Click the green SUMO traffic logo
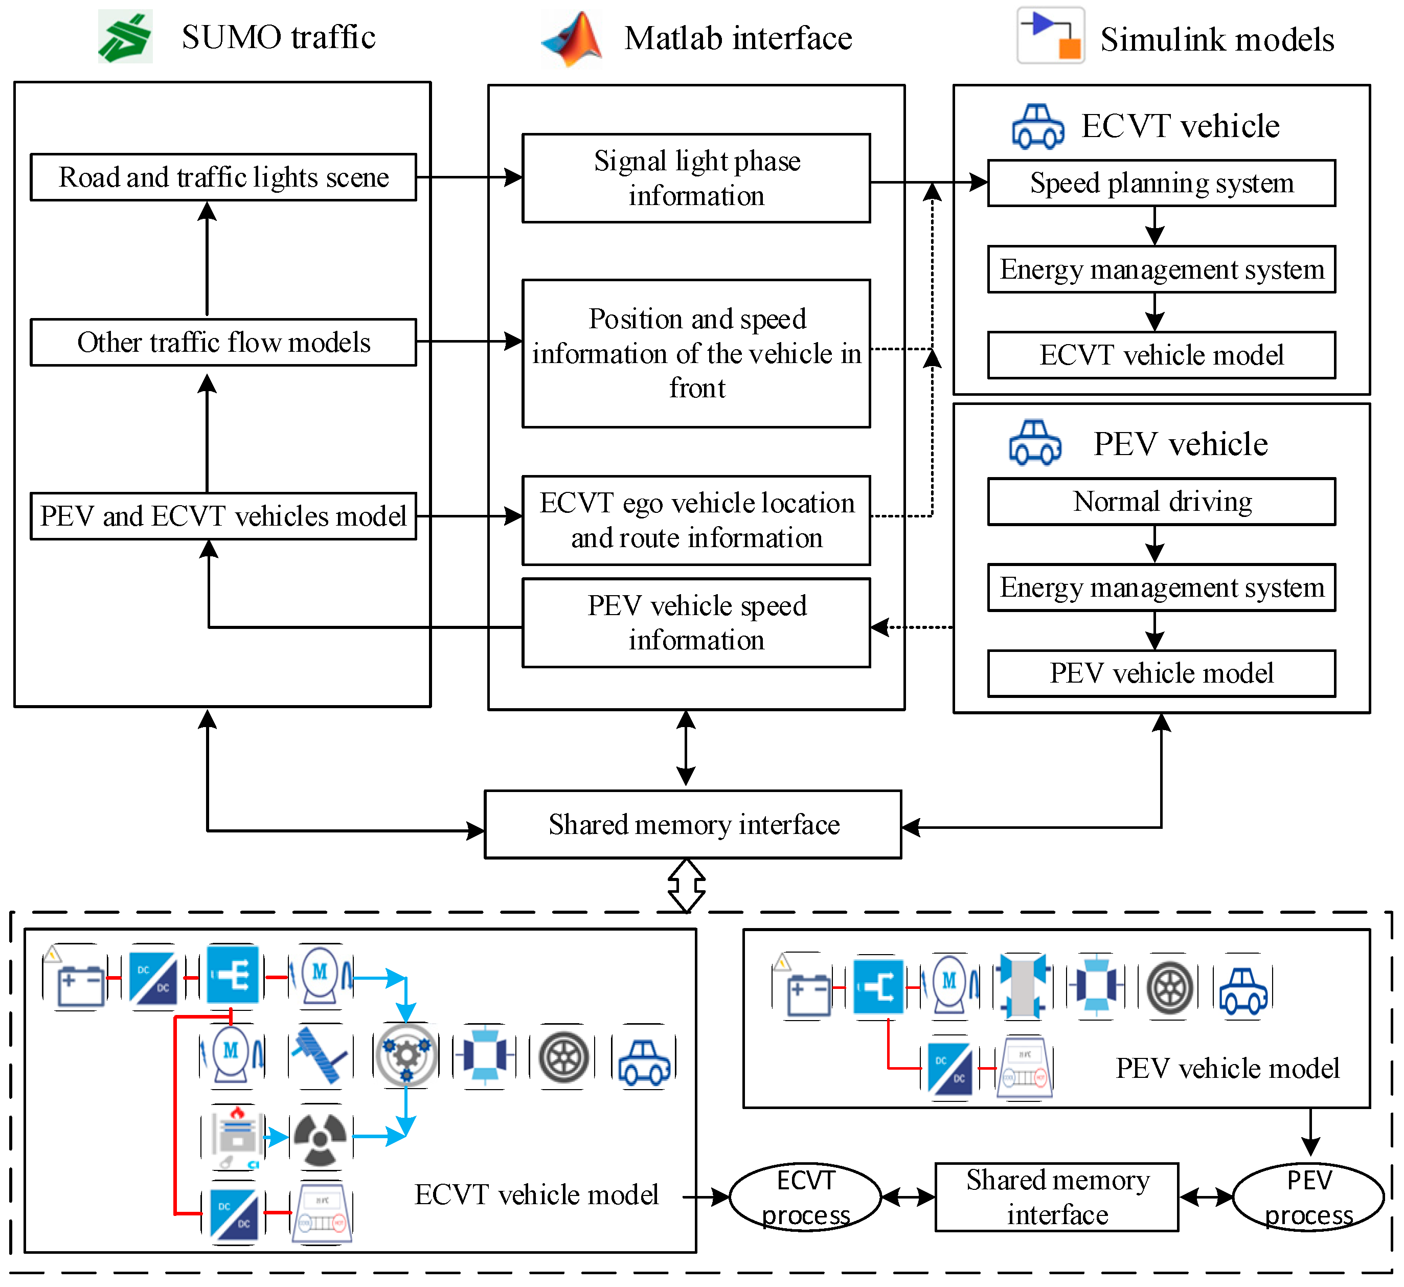(x=125, y=37)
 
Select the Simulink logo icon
(x=1050, y=36)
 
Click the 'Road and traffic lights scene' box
(x=223, y=177)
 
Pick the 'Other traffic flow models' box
(x=223, y=342)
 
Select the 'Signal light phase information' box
(x=696, y=178)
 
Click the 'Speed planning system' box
(x=1161, y=183)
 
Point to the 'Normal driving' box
(x=1161, y=502)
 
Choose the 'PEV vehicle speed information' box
(x=696, y=623)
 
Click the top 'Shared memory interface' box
(x=693, y=825)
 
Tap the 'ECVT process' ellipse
(x=805, y=1197)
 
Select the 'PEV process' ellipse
(x=1308, y=1197)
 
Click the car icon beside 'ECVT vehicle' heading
(x=1038, y=127)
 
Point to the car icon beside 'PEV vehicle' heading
(x=1035, y=443)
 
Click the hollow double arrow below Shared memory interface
(x=687, y=885)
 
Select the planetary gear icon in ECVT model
(x=406, y=1055)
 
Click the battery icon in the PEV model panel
(x=808, y=989)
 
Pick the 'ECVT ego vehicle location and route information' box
(x=696, y=520)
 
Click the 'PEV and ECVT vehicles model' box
(x=223, y=516)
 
